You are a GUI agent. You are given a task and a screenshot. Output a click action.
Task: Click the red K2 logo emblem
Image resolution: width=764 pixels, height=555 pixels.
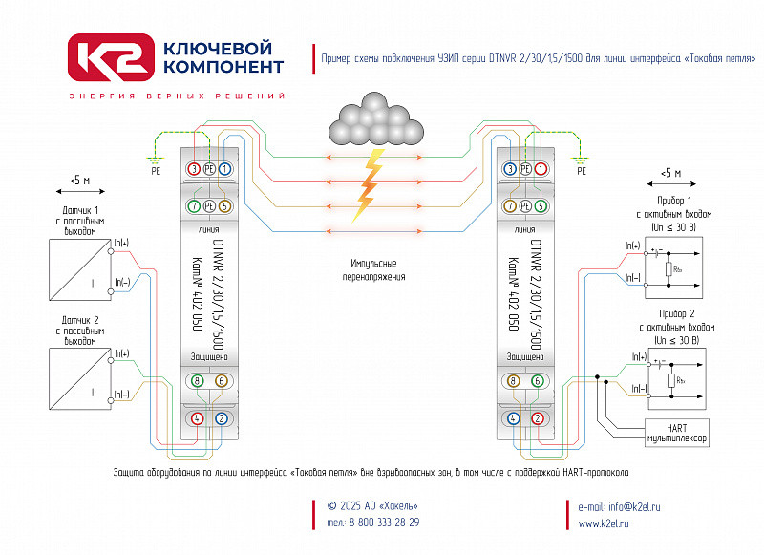(x=109, y=56)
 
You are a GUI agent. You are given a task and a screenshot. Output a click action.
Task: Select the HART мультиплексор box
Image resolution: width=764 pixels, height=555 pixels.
(x=677, y=431)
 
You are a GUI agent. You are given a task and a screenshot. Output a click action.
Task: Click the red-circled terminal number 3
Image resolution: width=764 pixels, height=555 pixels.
(x=194, y=168)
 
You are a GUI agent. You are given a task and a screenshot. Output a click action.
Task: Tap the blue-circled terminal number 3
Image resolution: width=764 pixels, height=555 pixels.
(x=510, y=168)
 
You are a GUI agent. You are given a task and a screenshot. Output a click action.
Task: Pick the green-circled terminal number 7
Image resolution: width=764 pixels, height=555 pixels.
(x=194, y=206)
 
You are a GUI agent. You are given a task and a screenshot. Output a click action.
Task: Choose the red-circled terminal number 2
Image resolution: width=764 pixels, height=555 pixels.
(x=538, y=417)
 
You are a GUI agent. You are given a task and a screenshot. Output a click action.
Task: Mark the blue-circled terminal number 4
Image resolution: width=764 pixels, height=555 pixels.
(x=513, y=417)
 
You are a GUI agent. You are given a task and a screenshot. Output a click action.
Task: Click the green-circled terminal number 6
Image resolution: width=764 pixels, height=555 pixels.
(x=538, y=380)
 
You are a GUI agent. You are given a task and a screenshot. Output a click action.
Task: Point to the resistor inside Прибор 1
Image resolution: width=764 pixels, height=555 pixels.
(x=670, y=270)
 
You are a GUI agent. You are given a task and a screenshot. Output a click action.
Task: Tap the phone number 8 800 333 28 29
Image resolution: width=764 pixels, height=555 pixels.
(x=372, y=523)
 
